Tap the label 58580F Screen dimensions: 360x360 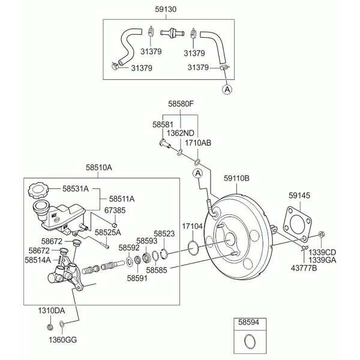click(x=181, y=104)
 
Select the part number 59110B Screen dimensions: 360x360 click(x=236, y=178)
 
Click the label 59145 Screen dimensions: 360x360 click(x=300, y=195)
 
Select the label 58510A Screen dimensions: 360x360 click(x=98, y=168)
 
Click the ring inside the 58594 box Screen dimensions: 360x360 click(x=248, y=342)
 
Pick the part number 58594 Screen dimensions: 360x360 click(x=248, y=323)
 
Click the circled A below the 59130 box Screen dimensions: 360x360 click(x=227, y=89)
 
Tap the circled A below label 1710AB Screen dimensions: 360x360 click(x=197, y=173)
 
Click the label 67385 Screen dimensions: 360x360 click(x=116, y=211)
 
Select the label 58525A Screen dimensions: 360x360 click(x=109, y=232)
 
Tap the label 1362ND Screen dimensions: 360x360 click(x=181, y=133)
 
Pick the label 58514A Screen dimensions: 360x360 click(x=37, y=260)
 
